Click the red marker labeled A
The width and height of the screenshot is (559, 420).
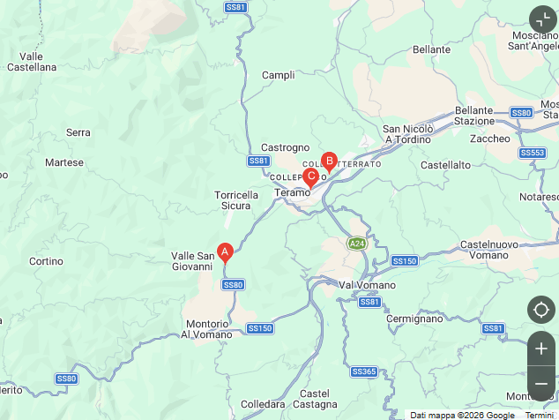[x=225, y=251]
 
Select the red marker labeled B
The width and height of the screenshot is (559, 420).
[x=329, y=161]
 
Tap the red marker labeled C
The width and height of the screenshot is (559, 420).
[x=310, y=176]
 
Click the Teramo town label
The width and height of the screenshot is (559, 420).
[x=293, y=191]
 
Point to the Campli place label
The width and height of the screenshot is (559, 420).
[x=279, y=75]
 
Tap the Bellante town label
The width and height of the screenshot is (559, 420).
[x=431, y=49]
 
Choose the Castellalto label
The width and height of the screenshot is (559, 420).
[x=446, y=164]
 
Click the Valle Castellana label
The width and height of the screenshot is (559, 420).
[x=31, y=61]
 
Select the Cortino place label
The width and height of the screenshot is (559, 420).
[x=46, y=261]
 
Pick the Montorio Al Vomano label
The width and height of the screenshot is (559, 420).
[x=206, y=329]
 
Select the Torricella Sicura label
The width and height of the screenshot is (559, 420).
[x=236, y=200]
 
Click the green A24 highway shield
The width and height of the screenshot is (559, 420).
[x=356, y=244]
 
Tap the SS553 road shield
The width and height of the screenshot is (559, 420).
[x=533, y=153]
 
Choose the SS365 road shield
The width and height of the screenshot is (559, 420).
[x=363, y=371]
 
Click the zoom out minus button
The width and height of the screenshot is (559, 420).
[x=541, y=384]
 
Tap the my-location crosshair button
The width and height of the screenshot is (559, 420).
[x=541, y=310]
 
